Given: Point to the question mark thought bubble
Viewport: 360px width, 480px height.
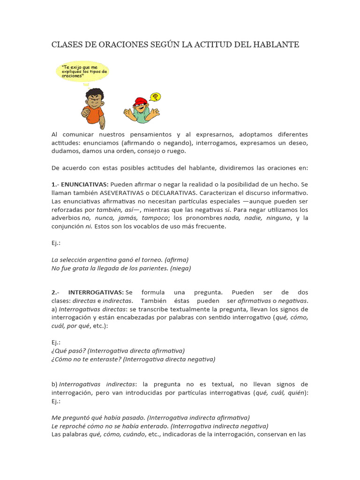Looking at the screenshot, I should [155, 97].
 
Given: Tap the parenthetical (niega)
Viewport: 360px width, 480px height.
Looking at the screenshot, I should [180, 268].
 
